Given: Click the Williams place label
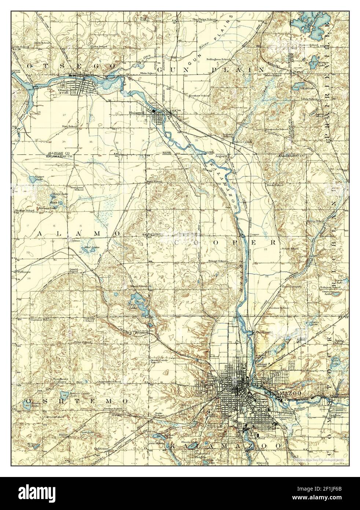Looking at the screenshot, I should coord(23,272).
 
